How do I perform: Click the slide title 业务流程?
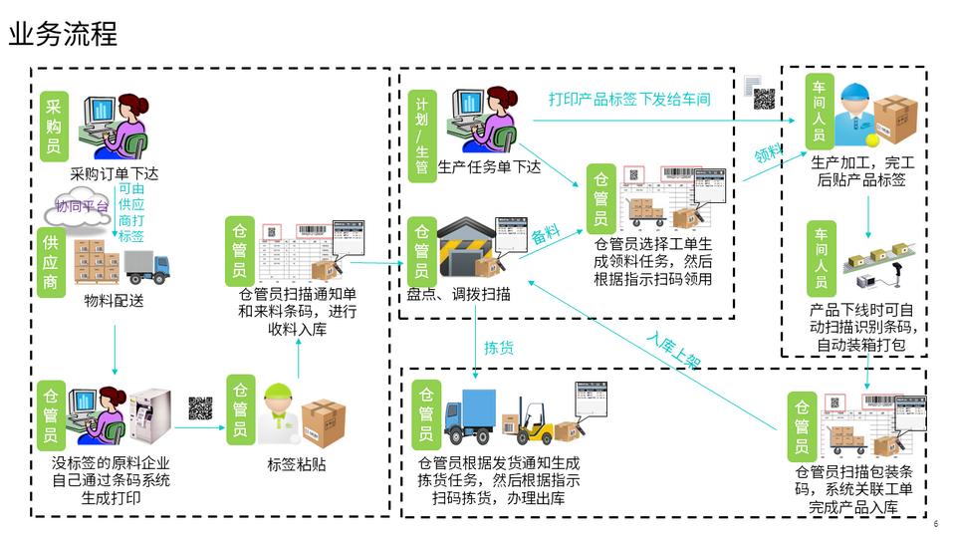point(63,34)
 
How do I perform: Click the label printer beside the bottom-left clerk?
point(151,415)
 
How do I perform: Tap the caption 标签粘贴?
point(297,464)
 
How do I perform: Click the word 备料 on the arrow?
point(545,236)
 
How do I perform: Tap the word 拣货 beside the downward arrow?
point(499,348)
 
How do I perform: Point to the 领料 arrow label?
point(768,151)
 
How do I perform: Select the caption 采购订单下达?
point(115,174)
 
